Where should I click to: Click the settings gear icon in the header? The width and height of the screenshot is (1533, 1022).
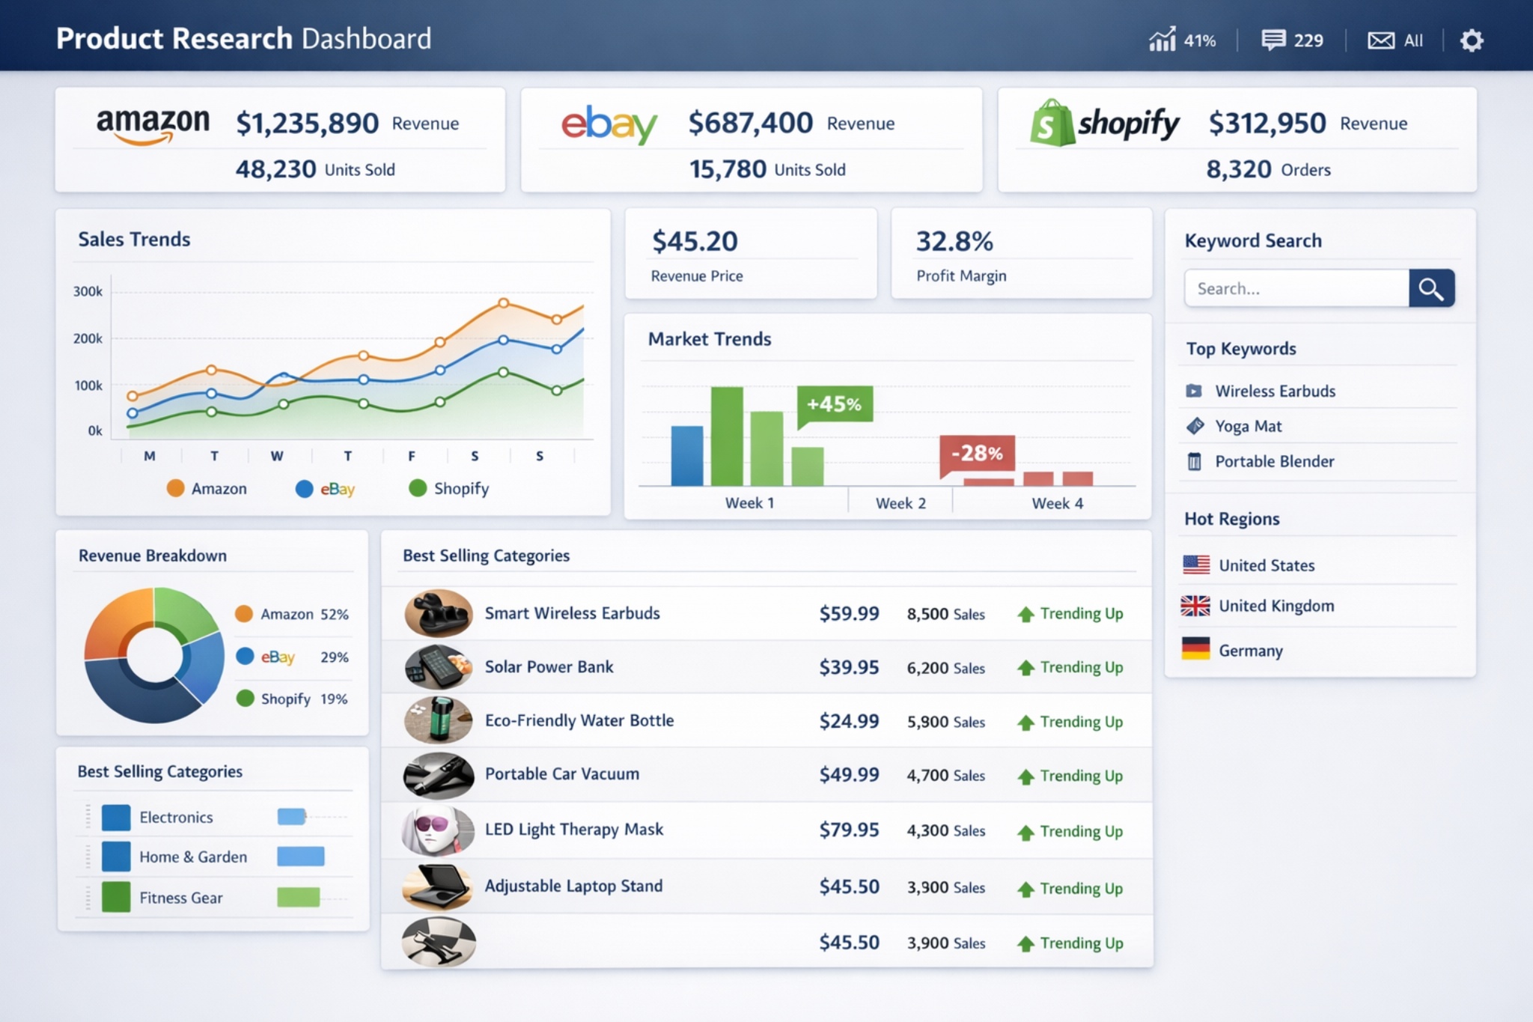click(1471, 40)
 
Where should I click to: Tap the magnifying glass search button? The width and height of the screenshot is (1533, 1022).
click(1430, 288)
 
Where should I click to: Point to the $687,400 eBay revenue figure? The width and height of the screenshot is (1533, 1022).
click(750, 123)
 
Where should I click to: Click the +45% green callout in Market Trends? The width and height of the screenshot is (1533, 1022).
click(834, 404)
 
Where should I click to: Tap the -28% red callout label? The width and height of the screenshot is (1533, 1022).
click(977, 453)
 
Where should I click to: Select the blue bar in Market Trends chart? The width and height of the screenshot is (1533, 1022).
click(686, 455)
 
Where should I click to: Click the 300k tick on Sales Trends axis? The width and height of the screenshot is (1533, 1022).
click(88, 291)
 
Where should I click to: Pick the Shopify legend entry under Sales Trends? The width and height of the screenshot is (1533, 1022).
click(449, 488)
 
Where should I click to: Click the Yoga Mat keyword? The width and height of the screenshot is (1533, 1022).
click(1248, 426)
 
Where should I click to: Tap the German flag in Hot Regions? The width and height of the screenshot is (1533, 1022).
click(1195, 648)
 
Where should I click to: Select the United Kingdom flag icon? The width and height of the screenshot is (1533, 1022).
click(1195, 606)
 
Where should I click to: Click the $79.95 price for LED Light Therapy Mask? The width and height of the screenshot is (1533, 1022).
click(849, 830)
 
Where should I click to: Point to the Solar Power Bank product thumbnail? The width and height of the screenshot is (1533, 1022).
click(438, 666)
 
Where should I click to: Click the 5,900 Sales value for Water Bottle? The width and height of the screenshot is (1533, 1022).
click(945, 722)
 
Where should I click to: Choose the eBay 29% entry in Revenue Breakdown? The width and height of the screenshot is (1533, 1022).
click(292, 657)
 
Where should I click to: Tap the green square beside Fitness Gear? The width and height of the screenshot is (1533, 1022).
click(116, 897)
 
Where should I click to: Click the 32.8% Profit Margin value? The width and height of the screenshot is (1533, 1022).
click(954, 241)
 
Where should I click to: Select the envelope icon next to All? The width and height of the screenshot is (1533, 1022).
click(1380, 40)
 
